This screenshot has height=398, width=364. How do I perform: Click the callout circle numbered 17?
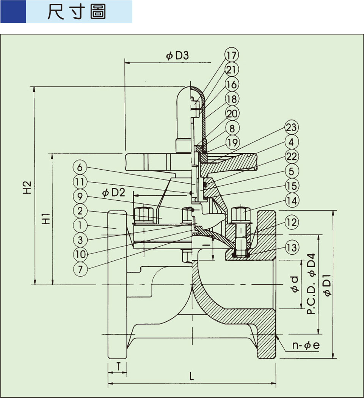(232, 55)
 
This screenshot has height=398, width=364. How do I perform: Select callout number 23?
(292, 127)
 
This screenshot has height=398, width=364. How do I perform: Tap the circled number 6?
(80, 167)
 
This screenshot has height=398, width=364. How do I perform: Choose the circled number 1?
(80, 225)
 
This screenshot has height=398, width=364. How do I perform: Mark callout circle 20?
(232, 113)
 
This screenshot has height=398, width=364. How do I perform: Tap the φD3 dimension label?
(177, 56)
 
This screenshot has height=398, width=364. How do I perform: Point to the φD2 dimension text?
(113, 192)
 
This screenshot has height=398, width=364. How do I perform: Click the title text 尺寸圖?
(77, 12)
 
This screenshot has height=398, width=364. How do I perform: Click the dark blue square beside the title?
(13, 12)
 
